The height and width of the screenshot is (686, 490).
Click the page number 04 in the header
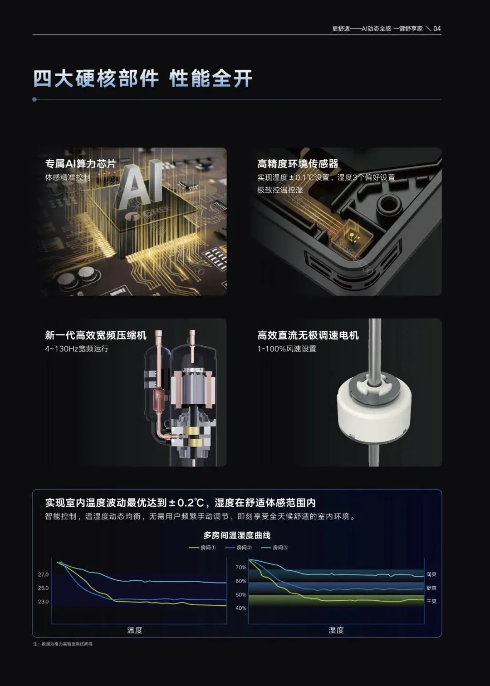[x=437, y=29]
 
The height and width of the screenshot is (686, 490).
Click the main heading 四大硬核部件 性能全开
[x=143, y=78]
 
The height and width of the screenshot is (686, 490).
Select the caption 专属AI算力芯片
[x=81, y=164]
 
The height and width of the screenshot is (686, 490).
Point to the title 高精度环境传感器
[x=298, y=164]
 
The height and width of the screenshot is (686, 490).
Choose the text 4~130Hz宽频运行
[x=77, y=349]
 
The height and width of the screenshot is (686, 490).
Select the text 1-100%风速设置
[x=287, y=349]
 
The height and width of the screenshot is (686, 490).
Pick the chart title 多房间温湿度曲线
[x=237, y=535]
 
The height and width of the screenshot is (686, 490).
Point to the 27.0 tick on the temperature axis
[x=44, y=575]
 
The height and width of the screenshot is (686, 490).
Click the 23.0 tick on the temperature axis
[x=44, y=602]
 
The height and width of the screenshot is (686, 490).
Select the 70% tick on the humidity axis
[x=241, y=568]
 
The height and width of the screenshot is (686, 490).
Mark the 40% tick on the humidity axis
[x=241, y=608]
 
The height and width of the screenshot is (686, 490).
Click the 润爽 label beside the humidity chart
[x=431, y=574]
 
